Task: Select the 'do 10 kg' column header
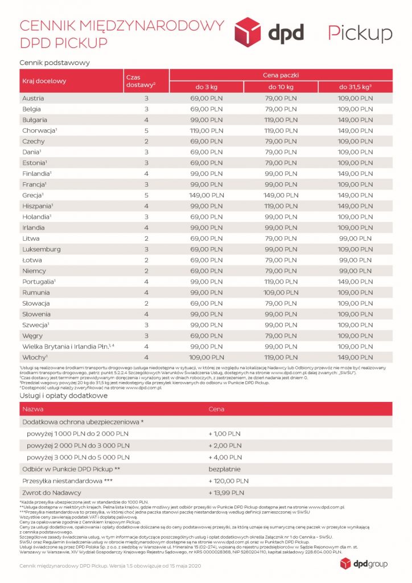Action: pyautogui.click(x=281, y=87)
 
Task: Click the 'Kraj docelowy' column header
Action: pyautogui.click(x=44, y=81)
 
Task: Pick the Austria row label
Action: pyautogui.click(x=33, y=98)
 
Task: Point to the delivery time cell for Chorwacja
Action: pyautogui.click(x=146, y=130)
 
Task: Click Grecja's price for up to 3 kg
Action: pyautogui.click(x=207, y=195)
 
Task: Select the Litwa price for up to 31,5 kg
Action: pyautogui.click(x=355, y=239)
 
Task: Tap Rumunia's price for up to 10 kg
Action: pyautogui.click(x=281, y=293)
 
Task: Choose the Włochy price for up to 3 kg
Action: pyautogui.click(x=207, y=357)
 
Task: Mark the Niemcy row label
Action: pyautogui.click(x=34, y=271)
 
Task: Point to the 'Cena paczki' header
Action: pyautogui.click(x=281, y=75)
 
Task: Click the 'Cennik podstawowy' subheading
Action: pyautogui.click(x=55, y=62)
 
